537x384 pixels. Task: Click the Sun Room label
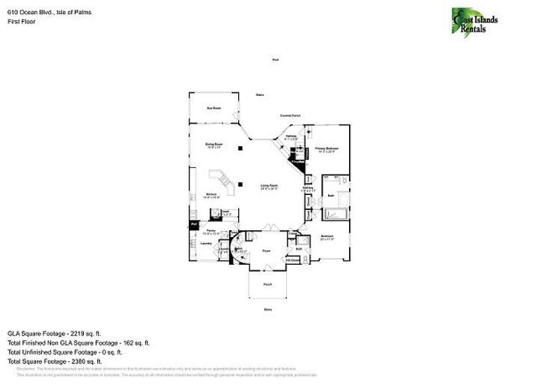214,108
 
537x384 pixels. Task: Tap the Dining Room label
215,144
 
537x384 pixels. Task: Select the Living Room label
269,186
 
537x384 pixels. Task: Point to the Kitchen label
212,196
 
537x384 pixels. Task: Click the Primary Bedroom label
327,149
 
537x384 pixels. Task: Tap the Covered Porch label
291,115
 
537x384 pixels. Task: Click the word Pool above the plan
276,60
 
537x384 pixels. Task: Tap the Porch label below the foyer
267,285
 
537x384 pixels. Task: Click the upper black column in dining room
240,148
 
